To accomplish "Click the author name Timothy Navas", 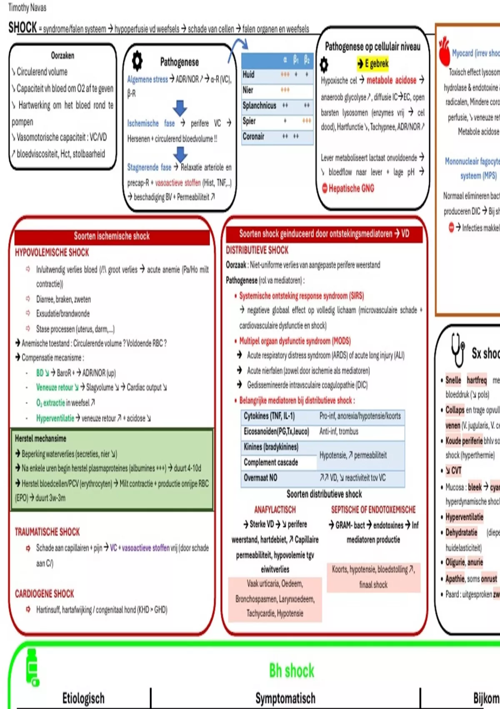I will pos(27,8).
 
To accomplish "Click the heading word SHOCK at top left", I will pos(23,28).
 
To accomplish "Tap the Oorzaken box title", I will pos(62,55).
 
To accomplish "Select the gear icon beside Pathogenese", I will pos(137,61).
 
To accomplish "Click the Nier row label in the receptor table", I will pos(248,90).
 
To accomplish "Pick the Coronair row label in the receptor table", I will pos(253,136).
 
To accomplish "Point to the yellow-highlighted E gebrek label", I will pos(373,63).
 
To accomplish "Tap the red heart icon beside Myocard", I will pos(444,52).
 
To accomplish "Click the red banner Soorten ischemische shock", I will pos(112,236).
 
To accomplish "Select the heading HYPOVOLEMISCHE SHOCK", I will pos(52,252).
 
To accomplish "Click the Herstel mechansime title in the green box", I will pos(40,438).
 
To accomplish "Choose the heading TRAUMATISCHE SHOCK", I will pos(47,532).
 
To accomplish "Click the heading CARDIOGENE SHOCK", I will pos(44,593).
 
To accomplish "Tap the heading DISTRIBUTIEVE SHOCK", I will pos(257,250).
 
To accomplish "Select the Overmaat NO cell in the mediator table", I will pos(260,478).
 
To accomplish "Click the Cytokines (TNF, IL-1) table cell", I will pos(269,416).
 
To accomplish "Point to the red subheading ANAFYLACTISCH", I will pos(275,510).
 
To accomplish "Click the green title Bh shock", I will pos(292,671).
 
